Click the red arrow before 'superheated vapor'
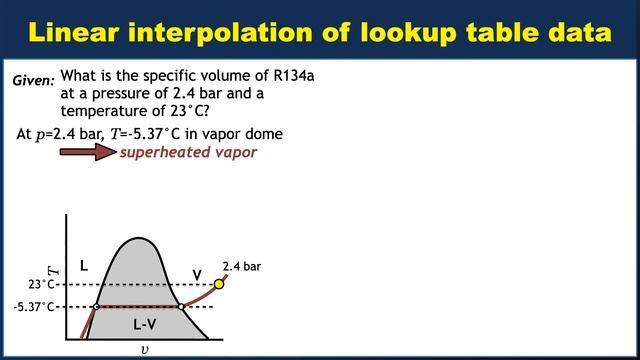[x=88, y=152]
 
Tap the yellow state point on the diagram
[x=220, y=284]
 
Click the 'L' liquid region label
[x=84, y=265]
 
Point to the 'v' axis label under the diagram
[x=145, y=350]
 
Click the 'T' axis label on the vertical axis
[x=55, y=268]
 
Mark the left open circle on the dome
[x=96, y=307]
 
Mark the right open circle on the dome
[x=180, y=307]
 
